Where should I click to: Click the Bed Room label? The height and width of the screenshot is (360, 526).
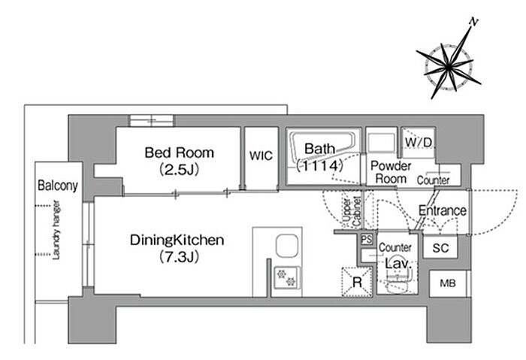(179, 153)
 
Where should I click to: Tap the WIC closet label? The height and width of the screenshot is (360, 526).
(261, 156)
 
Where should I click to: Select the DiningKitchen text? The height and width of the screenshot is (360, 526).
(177, 240)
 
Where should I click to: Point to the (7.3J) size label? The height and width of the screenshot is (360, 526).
(179, 257)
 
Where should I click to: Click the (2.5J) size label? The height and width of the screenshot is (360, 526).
(179, 169)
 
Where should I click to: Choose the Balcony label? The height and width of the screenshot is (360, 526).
(58, 185)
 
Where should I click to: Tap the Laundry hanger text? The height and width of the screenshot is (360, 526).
(56, 230)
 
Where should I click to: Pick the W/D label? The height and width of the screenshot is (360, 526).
(419, 142)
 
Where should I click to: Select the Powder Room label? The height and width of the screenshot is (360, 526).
(391, 172)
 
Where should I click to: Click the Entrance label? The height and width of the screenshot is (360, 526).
(443, 210)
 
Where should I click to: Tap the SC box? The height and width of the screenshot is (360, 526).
(440, 247)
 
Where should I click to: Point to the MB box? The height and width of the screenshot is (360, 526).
(448, 283)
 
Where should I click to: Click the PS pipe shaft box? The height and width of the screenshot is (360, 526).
(367, 239)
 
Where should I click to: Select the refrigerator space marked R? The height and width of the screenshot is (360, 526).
(357, 282)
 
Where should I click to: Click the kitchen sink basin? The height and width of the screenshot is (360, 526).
(287, 247)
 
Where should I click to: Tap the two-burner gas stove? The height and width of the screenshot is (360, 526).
(287, 278)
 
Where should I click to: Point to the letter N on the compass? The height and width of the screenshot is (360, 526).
(473, 22)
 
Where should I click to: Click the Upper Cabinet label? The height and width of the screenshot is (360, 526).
(352, 211)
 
